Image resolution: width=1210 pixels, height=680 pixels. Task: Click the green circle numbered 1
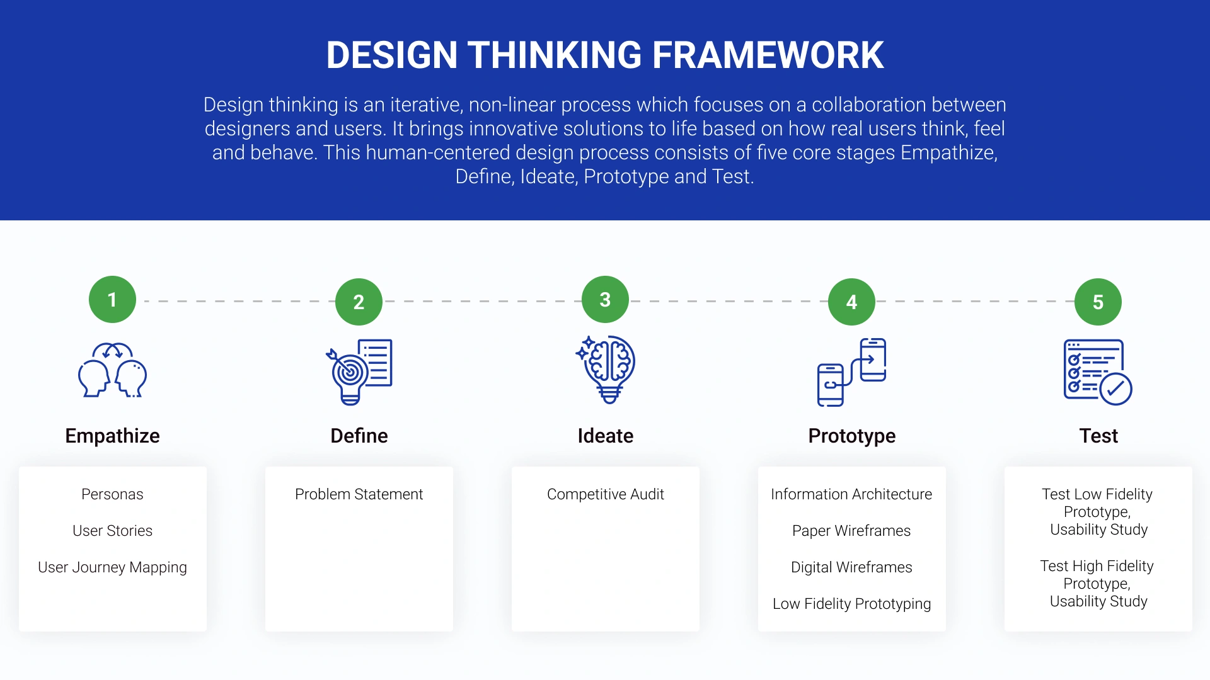(112, 300)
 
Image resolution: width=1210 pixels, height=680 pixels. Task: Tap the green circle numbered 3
(605, 300)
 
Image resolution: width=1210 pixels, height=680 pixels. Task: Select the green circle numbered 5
(1098, 302)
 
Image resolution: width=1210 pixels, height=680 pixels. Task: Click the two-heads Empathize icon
(112, 370)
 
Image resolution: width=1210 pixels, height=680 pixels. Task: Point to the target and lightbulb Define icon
(359, 371)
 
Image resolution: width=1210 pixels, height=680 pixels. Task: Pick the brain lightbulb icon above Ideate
(606, 370)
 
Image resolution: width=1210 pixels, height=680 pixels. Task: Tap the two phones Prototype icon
(851, 372)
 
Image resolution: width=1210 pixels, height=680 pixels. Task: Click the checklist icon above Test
(1098, 372)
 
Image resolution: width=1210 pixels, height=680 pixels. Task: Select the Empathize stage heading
(112, 436)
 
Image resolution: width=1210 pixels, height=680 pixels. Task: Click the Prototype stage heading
(851, 436)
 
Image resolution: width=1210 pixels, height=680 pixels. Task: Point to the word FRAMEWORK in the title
(768, 55)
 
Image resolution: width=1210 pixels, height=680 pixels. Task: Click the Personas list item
(112, 494)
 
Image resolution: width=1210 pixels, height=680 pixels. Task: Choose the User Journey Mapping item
(112, 567)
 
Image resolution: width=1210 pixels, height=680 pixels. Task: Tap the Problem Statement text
(359, 494)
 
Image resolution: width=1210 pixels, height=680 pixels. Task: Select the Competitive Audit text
(605, 494)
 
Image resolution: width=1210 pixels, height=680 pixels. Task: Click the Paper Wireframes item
(851, 531)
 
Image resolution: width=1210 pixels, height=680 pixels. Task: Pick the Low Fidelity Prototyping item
(851, 604)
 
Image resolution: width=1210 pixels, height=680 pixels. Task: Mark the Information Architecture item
(851, 494)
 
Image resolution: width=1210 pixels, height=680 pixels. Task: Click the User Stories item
(112, 531)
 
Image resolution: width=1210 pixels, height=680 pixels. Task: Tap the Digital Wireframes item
(851, 567)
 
